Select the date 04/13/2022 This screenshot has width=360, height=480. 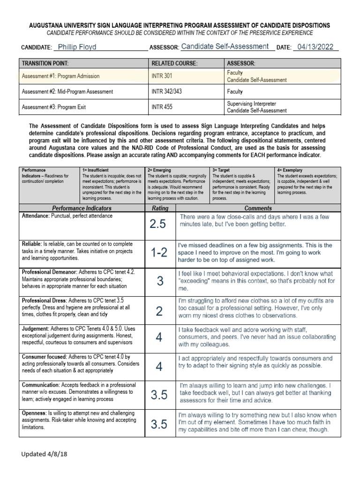pyautogui.click(x=314, y=47)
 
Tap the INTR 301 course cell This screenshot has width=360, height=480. pyautogui.click(x=161, y=76)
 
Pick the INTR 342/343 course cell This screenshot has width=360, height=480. pyautogui.click(x=166, y=92)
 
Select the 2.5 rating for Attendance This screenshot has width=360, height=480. pyautogui.click(x=158, y=224)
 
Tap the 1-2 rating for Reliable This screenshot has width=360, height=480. pyautogui.click(x=159, y=253)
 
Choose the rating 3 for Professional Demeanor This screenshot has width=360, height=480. pyautogui.click(x=160, y=281)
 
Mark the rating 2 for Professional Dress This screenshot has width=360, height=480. pyautogui.click(x=159, y=311)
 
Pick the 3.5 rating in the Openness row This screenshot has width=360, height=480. pyautogui.click(x=159, y=425)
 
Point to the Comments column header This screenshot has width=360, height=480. pyautogui.click(x=258, y=208)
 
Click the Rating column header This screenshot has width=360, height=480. pyautogui.click(x=160, y=208)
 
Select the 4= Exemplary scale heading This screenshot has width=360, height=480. pyautogui.click(x=292, y=170)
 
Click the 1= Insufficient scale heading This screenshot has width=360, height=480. pyautogui.click(x=96, y=170)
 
